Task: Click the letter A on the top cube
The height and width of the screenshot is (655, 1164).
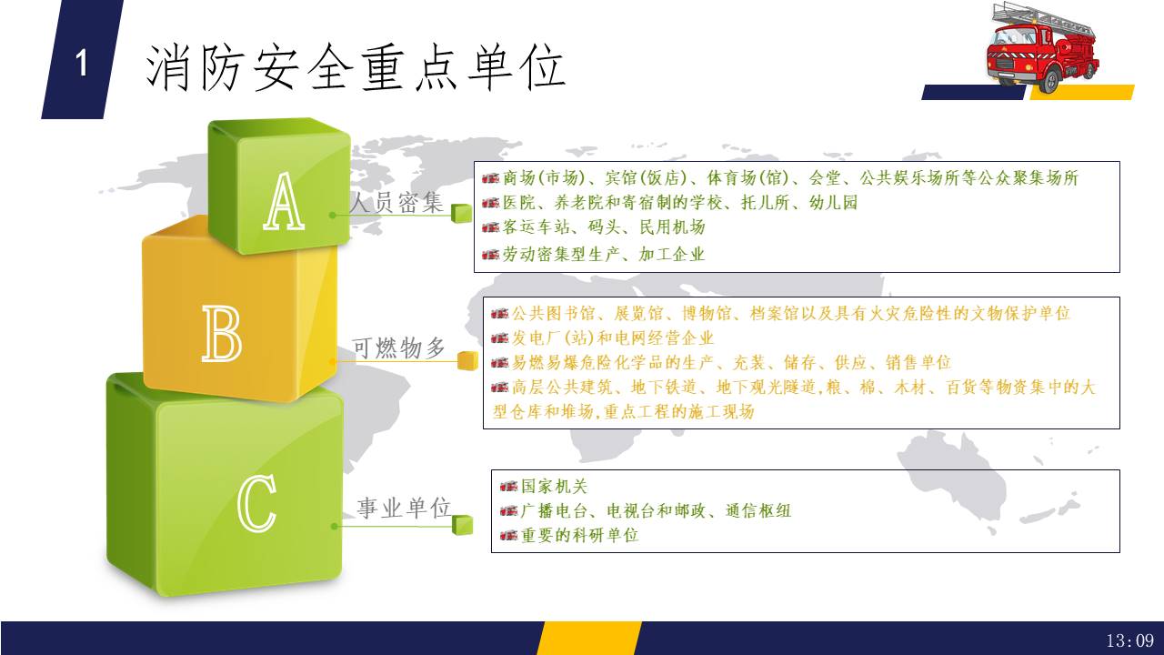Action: pyautogui.click(x=284, y=202)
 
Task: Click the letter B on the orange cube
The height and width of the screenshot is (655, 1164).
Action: pyautogui.click(x=222, y=333)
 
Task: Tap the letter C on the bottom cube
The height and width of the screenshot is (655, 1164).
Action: pyautogui.click(x=256, y=503)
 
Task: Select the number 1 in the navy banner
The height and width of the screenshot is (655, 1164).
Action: pyautogui.click(x=82, y=64)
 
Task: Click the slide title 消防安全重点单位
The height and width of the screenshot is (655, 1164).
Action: pyautogui.click(x=356, y=67)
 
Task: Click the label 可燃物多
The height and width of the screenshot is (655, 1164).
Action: pyautogui.click(x=399, y=348)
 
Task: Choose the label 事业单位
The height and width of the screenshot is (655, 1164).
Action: pyautogui.click(x=404, y=508)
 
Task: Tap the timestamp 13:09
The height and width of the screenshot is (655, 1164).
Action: pyautogui.click(x=1129, y=640)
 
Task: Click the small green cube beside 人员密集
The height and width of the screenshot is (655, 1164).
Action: pyautogui.click(x=461, y=213)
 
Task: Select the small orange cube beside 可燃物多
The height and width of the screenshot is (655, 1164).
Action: pyautogui.click(x=467, y=361)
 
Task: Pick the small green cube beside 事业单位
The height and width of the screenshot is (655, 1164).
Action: pyautogui.click(x=462, y=525)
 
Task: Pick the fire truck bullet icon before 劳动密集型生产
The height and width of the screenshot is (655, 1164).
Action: pyautogui.click(x=490, y=255)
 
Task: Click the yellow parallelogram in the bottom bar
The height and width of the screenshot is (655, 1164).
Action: pyautogui.click(x=589, y=638)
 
